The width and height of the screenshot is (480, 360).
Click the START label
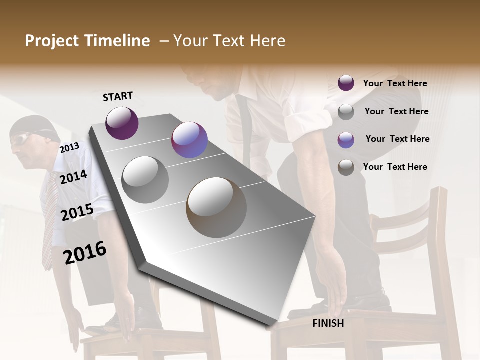click(118, 96)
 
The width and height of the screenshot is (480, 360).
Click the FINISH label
click(328, 323)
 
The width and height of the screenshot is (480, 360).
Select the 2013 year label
click(69, 147)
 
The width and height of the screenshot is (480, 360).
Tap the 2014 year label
click(73, 177)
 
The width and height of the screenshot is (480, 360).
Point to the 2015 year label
click(77, 212)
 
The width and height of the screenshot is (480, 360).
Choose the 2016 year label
click(85, 253)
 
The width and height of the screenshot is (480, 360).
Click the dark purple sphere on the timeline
click(122, 123)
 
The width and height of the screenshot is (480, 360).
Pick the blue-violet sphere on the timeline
click(189, 140)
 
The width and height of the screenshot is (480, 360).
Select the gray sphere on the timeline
click(145, 179)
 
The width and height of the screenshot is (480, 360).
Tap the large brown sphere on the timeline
click(216, 207)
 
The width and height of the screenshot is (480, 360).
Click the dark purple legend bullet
click(346, 83)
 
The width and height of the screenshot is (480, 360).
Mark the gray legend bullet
click(346, 112)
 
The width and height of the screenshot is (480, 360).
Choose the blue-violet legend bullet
click(346, 139)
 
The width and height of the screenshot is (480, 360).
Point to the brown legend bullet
click(346, 167)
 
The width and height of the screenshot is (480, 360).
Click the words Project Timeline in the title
click(87, 41)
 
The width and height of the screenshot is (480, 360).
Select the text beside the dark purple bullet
click(395, 83)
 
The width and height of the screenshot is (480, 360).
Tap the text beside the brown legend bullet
click(395, 167)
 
